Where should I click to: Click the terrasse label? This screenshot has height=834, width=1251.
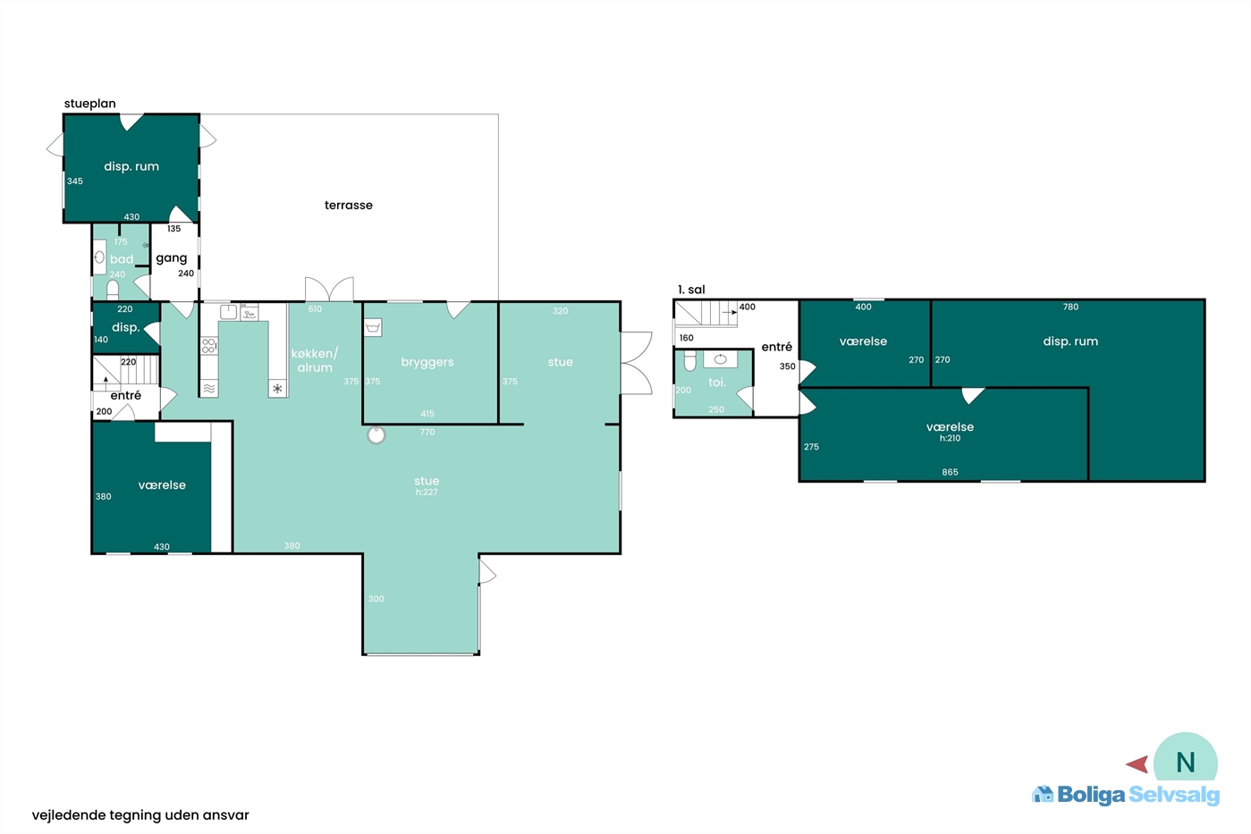click(x=349, y=205)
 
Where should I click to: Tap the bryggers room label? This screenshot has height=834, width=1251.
click(x=427, y=362)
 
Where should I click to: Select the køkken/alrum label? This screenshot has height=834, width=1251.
click(x=315, y=360)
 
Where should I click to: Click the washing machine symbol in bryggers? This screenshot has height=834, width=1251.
click(x=373, y=327)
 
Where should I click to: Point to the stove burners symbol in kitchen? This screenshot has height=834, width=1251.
click(x=209, y=345)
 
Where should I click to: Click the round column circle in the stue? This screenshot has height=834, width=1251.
click(x=376, y=434)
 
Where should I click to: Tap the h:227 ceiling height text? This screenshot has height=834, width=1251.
click(x=427, y=492)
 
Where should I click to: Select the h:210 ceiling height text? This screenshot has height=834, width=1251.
click(x=950, y=438)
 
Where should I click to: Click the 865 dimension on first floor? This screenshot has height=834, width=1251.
click(x=950, y=472)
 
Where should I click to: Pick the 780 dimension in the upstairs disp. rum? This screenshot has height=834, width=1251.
click(x=1070, y=307)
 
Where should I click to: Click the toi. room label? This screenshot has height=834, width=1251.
click(x=717, y=383)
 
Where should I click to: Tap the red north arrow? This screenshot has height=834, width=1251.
click(x=1137, y=764)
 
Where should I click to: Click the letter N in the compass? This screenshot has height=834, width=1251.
click(x=1186, y=762)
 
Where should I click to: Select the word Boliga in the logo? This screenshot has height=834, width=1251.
click(x=1091, y=795)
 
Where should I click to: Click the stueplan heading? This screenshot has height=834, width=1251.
click(x=90, y=104)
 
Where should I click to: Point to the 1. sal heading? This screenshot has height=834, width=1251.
click(x=691, y=290)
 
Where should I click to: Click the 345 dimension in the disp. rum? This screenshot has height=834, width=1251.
click(x=75, y=181)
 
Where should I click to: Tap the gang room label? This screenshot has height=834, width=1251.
click(x=172, y=258)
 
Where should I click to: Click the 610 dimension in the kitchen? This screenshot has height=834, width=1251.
click(x=315, y=308)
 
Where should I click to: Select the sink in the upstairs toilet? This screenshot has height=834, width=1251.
click(x=721, y=359)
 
